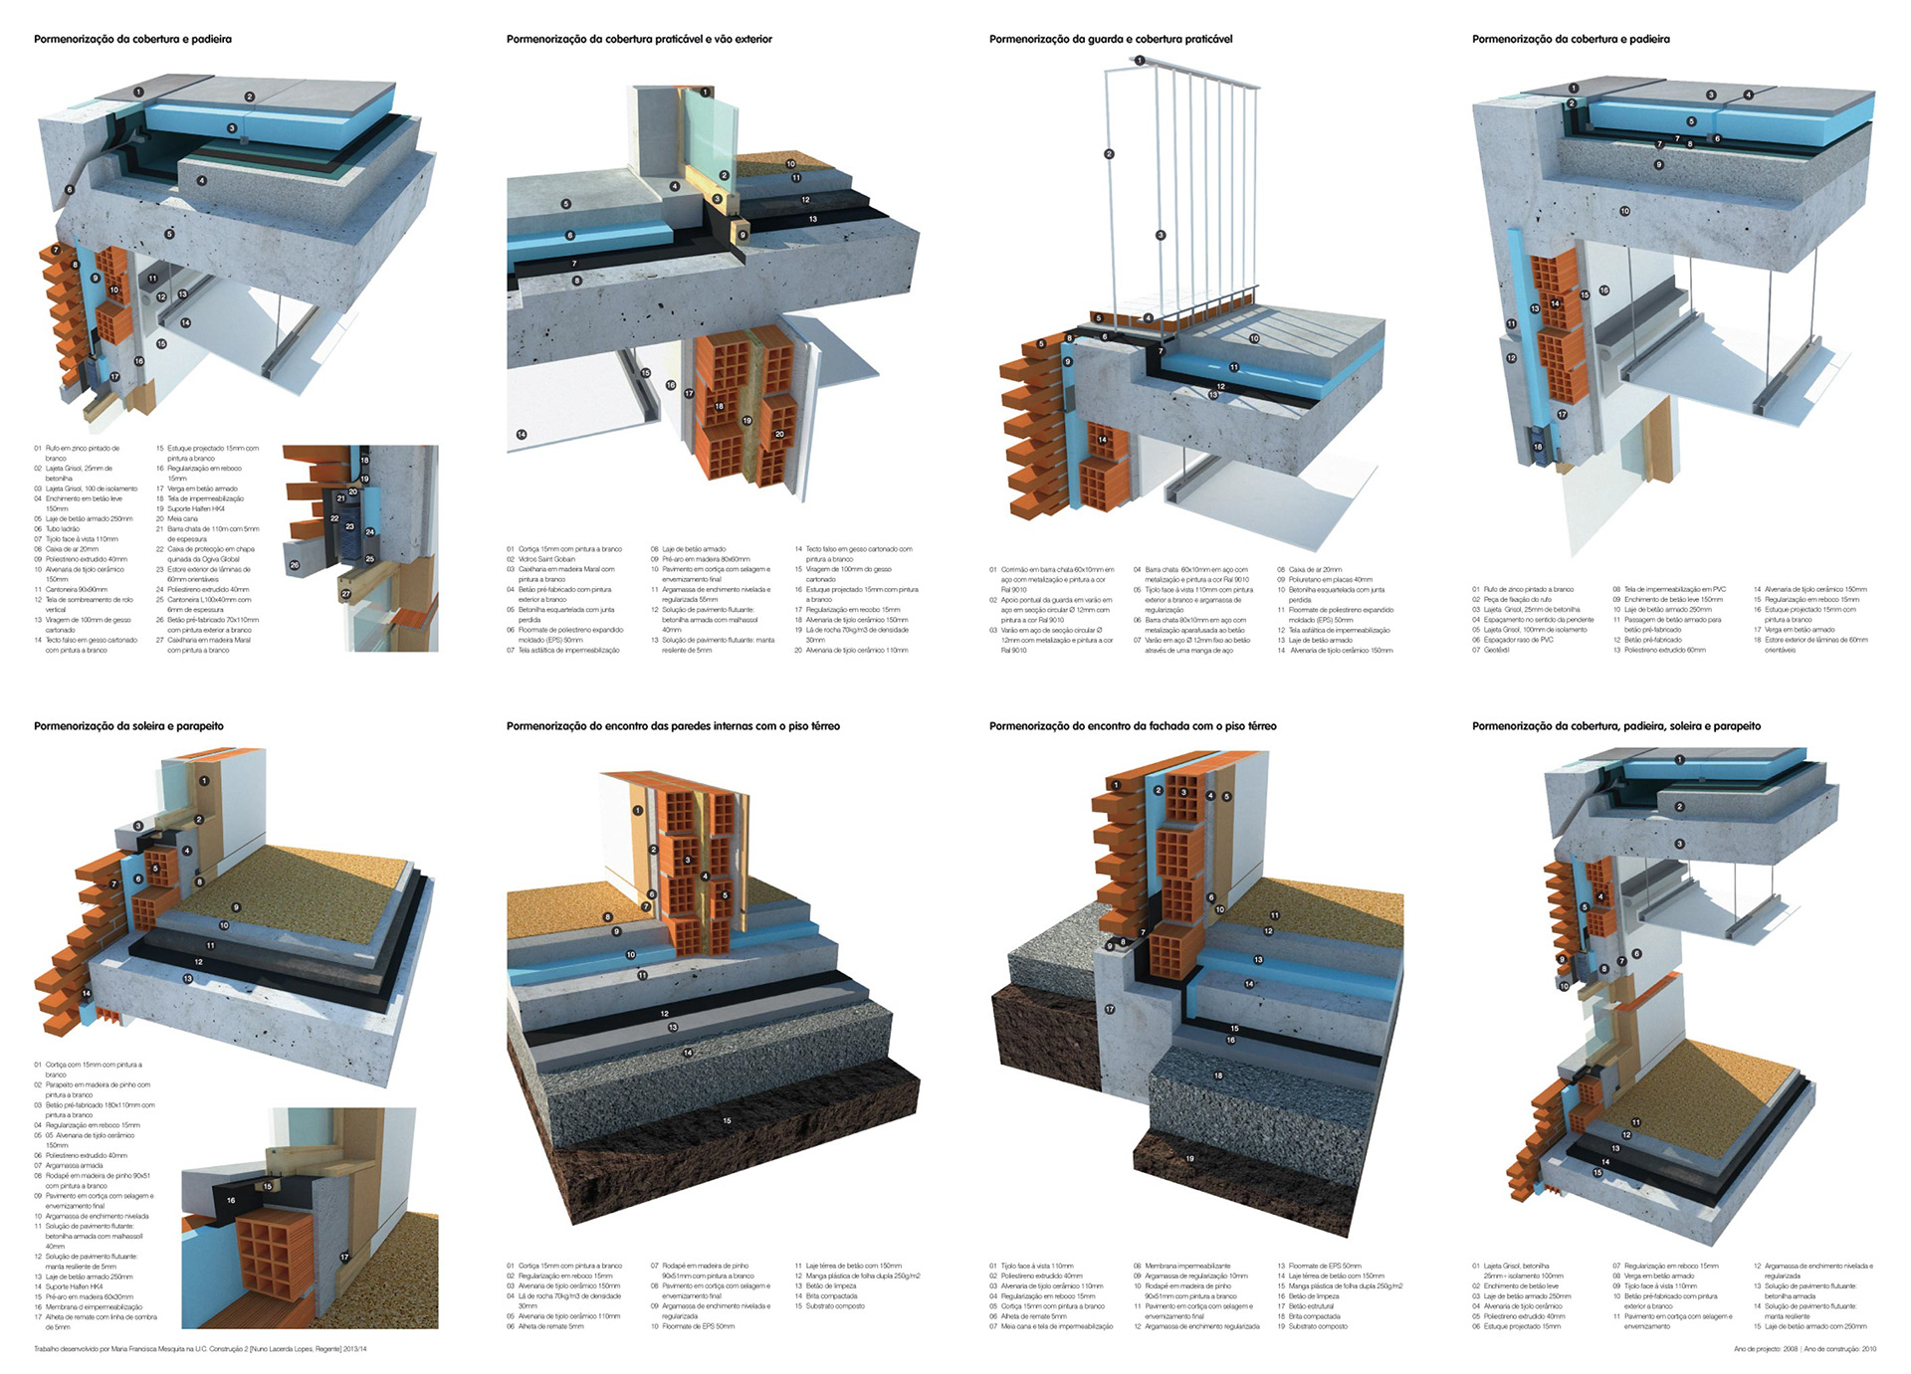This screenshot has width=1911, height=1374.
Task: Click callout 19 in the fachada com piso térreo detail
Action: click(1189, 1158)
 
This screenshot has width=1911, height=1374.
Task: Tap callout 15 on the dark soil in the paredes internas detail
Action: click(727, 1120)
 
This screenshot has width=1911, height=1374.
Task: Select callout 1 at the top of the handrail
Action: click(1140, 61)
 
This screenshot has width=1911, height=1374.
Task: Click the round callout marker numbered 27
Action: click(345, 594)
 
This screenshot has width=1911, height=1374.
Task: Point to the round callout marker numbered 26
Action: click(294, 564)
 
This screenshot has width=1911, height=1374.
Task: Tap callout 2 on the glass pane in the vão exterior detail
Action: click(725, 175)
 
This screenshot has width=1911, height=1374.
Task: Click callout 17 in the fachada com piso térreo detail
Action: click(1110, 1009)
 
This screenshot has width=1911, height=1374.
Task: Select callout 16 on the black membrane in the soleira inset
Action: click(231, 1201)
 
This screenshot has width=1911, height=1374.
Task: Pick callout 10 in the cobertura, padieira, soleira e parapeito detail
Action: click(1564, 986)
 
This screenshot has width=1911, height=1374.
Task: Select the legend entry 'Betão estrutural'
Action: click(1311, 1306)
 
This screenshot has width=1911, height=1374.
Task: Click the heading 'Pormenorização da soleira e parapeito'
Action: click(128, 726)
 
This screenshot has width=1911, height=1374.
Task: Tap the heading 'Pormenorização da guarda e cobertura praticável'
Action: click(1111, 40)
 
